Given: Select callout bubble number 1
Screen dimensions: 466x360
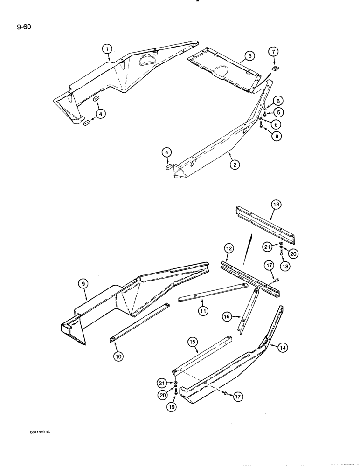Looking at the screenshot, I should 107,48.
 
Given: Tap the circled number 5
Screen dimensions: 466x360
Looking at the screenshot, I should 278,111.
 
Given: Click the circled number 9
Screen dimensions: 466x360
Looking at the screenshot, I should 83,282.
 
